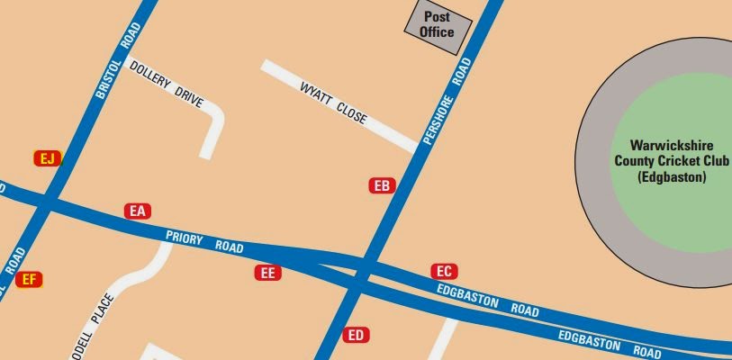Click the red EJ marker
(48, 158)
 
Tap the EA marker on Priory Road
(137, 211)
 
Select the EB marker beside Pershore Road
(383, 186)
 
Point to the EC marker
(444, 271)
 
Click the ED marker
(357, 336)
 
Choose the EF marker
(29, 280)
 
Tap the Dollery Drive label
(167, 85)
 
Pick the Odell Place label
(95, 319)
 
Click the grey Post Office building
(437, 24)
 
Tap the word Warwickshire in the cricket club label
(671, 145)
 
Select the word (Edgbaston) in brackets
(672, 177)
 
